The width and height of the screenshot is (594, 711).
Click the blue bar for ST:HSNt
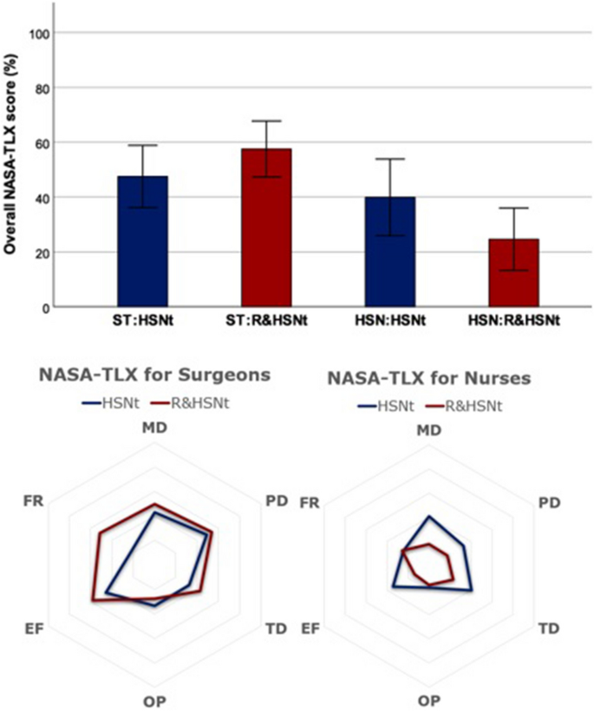(142, 242)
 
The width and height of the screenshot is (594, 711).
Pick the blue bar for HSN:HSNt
(390, 252)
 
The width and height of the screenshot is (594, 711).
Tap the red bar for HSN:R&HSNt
(514, 273)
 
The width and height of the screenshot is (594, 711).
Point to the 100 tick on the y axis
(42, 33)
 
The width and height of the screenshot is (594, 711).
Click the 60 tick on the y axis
(42, 143)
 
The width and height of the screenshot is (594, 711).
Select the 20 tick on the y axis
(42, 253)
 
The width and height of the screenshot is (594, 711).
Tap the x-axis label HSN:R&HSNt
(514, 321)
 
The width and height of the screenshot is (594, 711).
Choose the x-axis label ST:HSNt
(142, 321)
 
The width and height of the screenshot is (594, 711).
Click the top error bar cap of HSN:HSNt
(390, 159)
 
